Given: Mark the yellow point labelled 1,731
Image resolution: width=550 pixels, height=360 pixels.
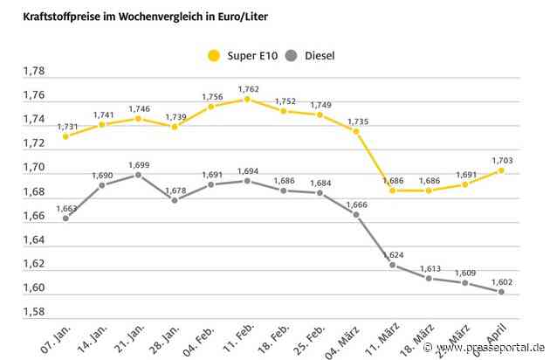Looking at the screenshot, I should pyautogui.click(x=66, y=136).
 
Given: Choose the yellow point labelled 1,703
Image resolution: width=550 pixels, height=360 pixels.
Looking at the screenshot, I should pyautogui.click(x=501, y=170).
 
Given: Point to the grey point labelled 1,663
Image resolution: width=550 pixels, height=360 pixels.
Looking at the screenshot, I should pyautogui.click(x=66, y=218).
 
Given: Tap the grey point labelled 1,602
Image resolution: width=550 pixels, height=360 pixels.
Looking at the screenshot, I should pyautogui.click(x=501, y=292).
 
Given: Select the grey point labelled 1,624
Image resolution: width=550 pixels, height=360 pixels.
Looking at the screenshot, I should pyautogui.click(x=393, y=265).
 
